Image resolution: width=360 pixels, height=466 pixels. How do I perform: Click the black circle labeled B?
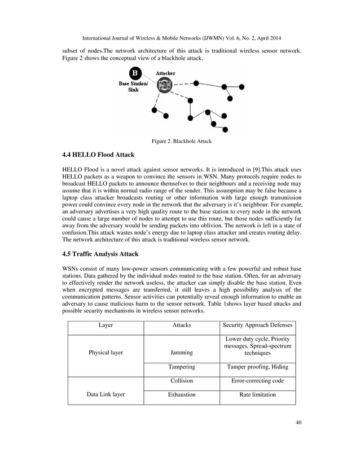[134, 73]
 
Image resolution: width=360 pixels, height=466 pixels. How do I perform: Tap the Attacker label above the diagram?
[165, 73]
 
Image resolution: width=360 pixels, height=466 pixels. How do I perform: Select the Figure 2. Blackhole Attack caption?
[179, 141]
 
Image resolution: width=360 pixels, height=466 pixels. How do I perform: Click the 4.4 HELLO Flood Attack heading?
[98, 154]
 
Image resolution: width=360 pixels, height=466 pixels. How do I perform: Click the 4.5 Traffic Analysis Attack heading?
[104, 254]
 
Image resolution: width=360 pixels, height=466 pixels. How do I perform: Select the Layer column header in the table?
[106, 326]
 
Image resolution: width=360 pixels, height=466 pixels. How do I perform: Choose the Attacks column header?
[181, 326]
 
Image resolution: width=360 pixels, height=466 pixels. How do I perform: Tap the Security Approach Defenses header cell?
[257, 326]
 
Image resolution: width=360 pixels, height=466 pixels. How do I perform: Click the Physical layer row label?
[106, 353]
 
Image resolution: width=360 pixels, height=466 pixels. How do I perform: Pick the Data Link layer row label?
[106, 395]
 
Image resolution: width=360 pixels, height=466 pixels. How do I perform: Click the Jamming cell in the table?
[181, 353]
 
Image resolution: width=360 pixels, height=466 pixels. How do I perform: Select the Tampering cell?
[181, 367]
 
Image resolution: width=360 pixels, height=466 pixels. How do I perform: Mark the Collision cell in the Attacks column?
[181, 381]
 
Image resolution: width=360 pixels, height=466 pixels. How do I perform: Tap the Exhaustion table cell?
[181, 395]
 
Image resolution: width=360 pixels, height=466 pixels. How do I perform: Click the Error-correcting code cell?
[257, 381]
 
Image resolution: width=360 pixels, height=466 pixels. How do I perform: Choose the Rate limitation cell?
[257, 395]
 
